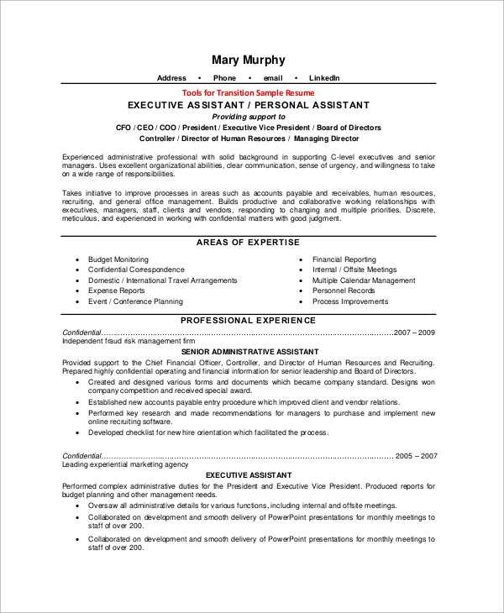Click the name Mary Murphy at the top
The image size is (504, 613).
click(x=249, y=60)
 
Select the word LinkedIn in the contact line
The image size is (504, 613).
click(x=324, y=78)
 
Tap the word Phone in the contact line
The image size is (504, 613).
click(x=224, y=78)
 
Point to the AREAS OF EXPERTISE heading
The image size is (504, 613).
click(x=248, y=242)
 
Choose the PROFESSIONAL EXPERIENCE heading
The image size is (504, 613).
click(x=249, y=320)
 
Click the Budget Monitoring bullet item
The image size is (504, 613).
click(x=118, y=259)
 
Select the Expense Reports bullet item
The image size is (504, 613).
click(x=117, y=291)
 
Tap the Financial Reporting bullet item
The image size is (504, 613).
click(x=344, y=259)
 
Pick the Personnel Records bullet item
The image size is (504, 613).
click(x=343, y=291)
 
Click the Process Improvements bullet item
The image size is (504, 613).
click(x=350, y=301)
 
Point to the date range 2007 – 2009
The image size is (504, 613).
click(x=414, y=333)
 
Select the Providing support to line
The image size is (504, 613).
click(x=248, y=117)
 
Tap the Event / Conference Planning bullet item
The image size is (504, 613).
click(x=135, y=301)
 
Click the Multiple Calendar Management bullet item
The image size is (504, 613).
click(x=364, y=280)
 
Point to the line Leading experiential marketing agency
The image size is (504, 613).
click(x=125, y=464)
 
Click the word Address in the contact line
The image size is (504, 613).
click(x=171, y=78)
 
